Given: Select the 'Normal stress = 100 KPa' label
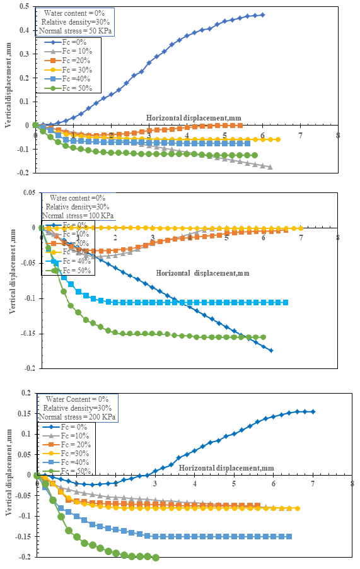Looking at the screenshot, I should pyautogui.click(x=79, y=215).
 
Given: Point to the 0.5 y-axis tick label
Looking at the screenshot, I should pyautogui.click(x=25, y=6).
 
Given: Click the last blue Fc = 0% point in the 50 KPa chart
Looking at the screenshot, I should pyautogui.click(x=263, y=15).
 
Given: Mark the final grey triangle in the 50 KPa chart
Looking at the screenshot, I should pyautogui.click(x=270, y=167).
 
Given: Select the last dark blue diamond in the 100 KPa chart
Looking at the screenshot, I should pyautogui.click(x=271, y=351).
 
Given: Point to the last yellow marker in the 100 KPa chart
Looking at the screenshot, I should pyautogui.click(x=301, y=228).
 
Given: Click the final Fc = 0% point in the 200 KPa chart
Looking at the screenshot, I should pyautogui.click(x=313, y=411).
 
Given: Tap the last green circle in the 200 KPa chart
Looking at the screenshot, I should pyautogui.click(x=156, y=558).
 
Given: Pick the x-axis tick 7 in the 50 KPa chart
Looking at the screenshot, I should pyautogui.click(x=301, y=135).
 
